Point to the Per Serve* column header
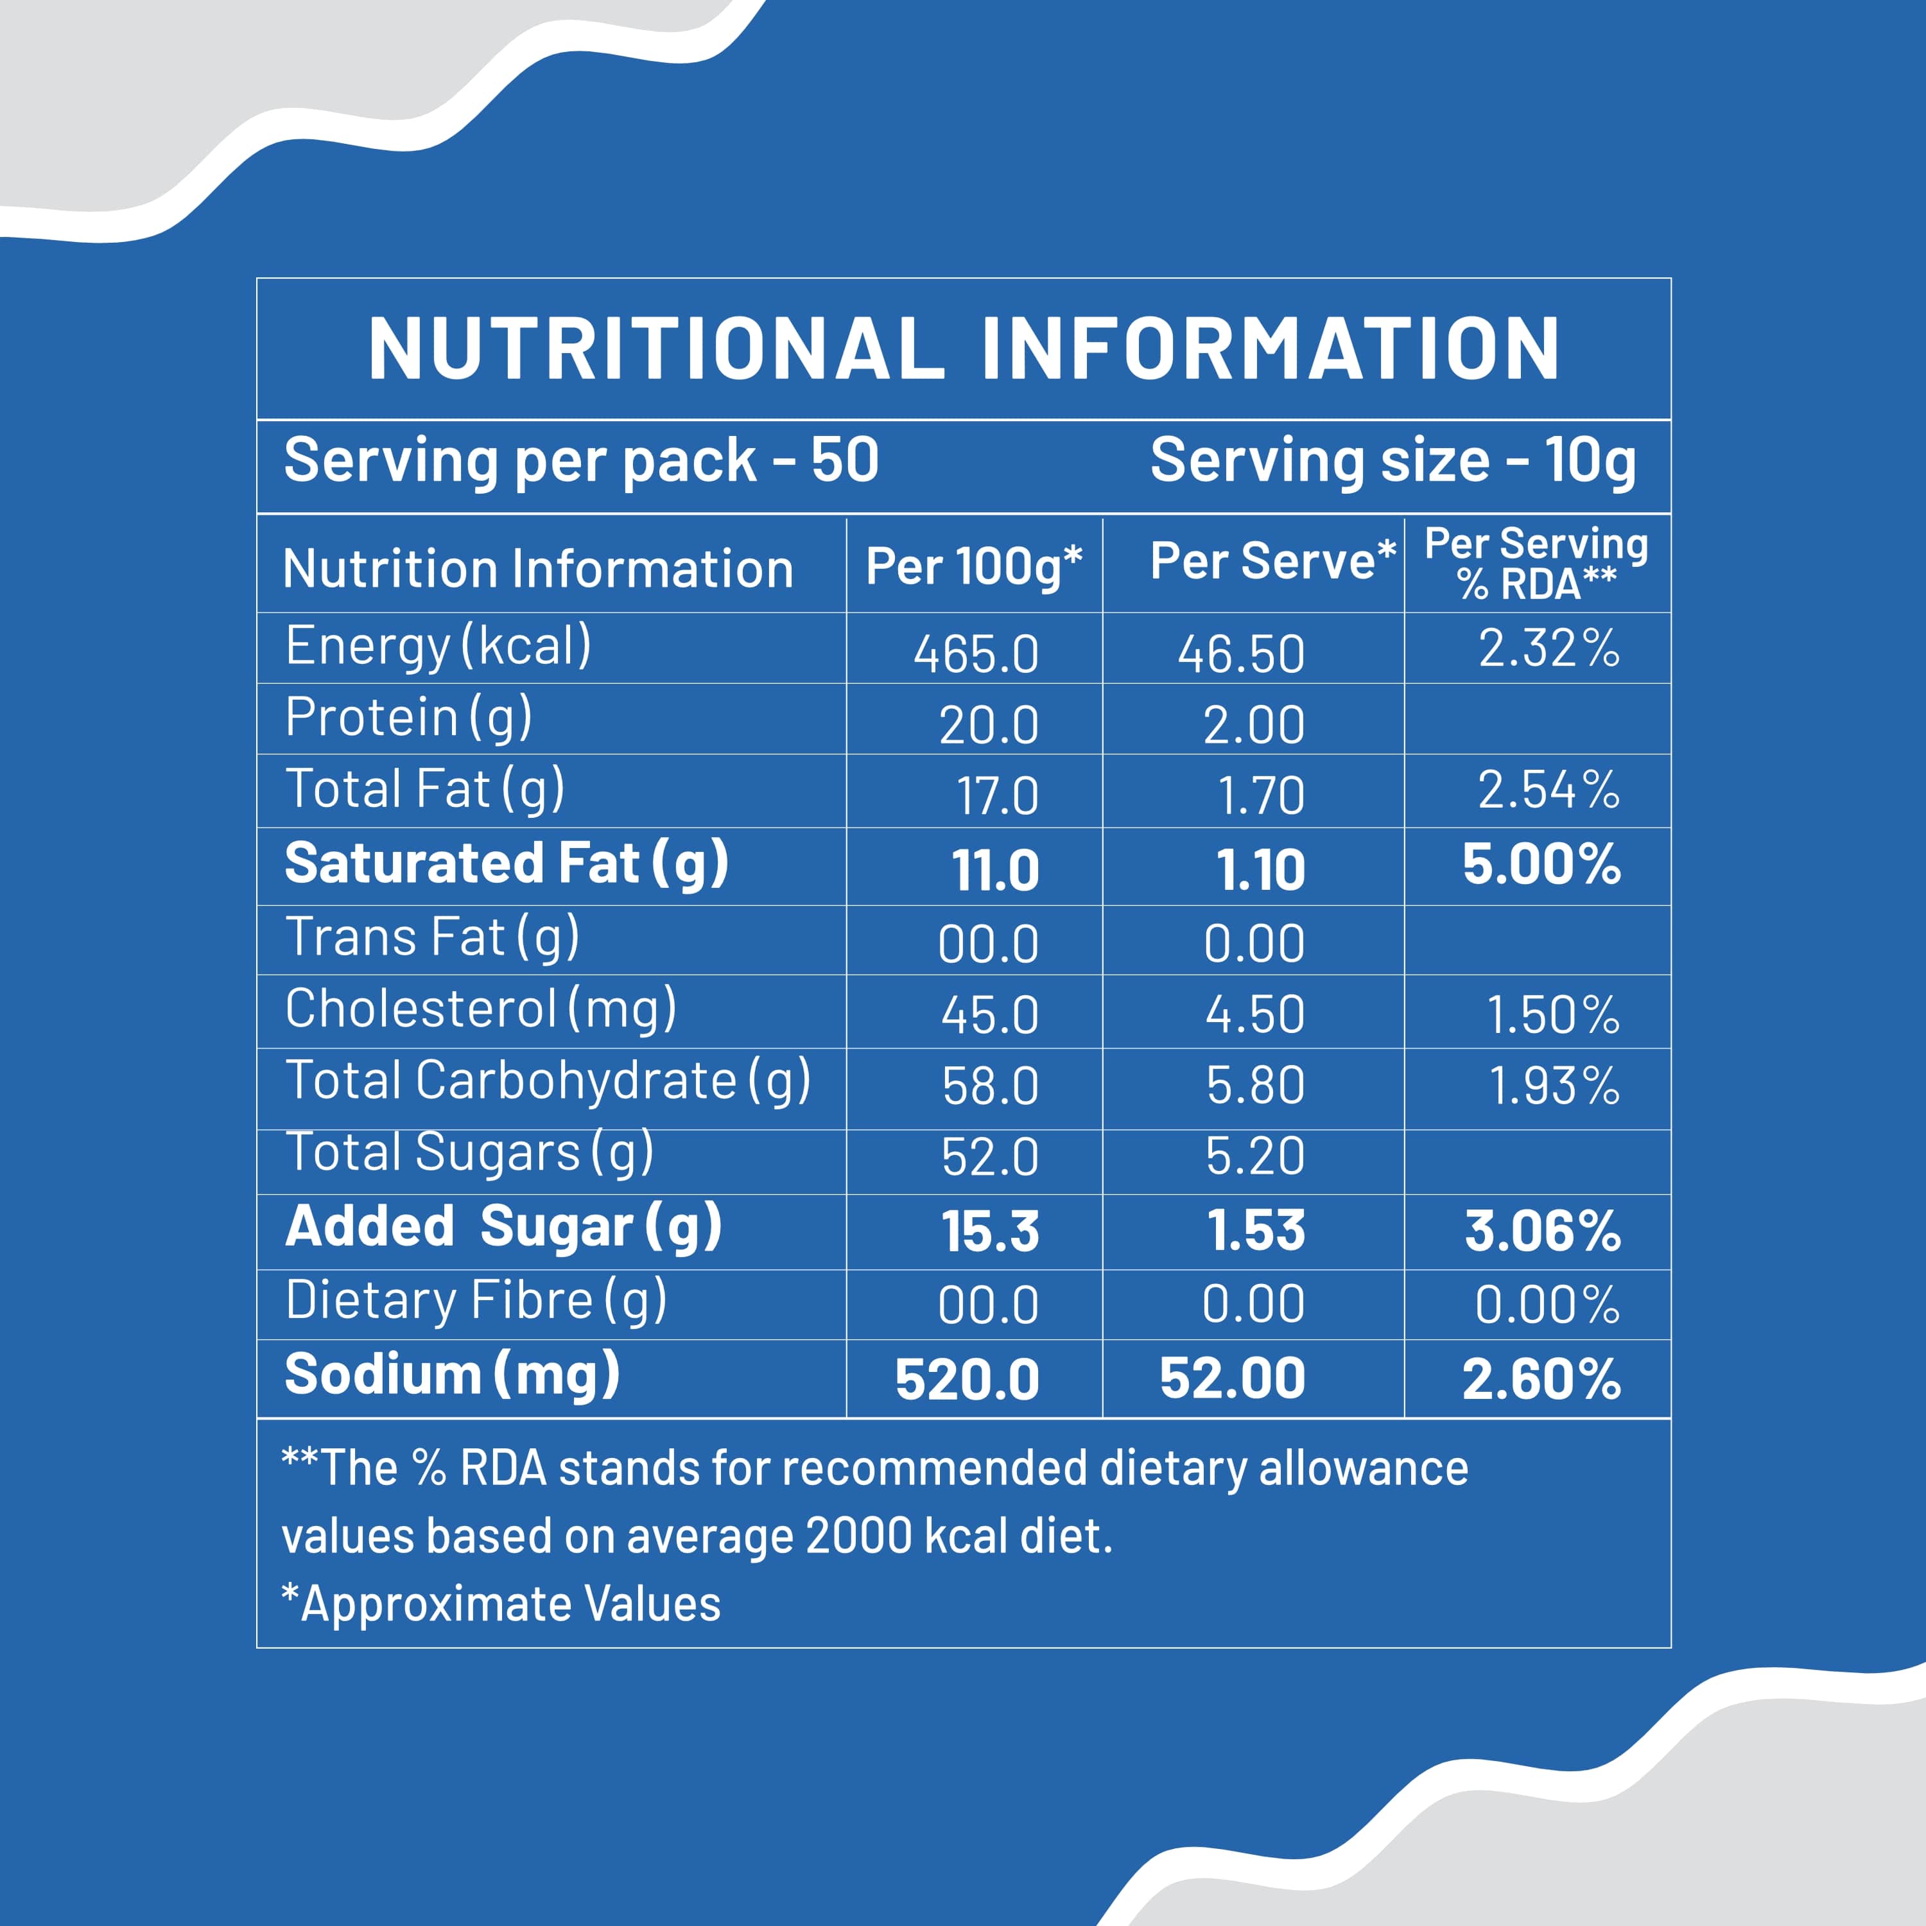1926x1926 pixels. [1272, 561]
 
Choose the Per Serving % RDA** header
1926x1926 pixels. [1536, 564]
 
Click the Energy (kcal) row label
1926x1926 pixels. [438, 646]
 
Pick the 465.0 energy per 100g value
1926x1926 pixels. [976, 655]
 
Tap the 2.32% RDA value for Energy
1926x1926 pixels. [1548, 648]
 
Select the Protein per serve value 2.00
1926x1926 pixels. [1253, 725]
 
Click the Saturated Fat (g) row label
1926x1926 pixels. [507, 863]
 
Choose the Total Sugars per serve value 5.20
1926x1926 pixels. [1254, 1156]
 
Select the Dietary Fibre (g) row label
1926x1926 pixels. [476, 1301]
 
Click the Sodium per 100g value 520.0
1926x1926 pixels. [967, 1380]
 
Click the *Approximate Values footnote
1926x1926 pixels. [501, 1604]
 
